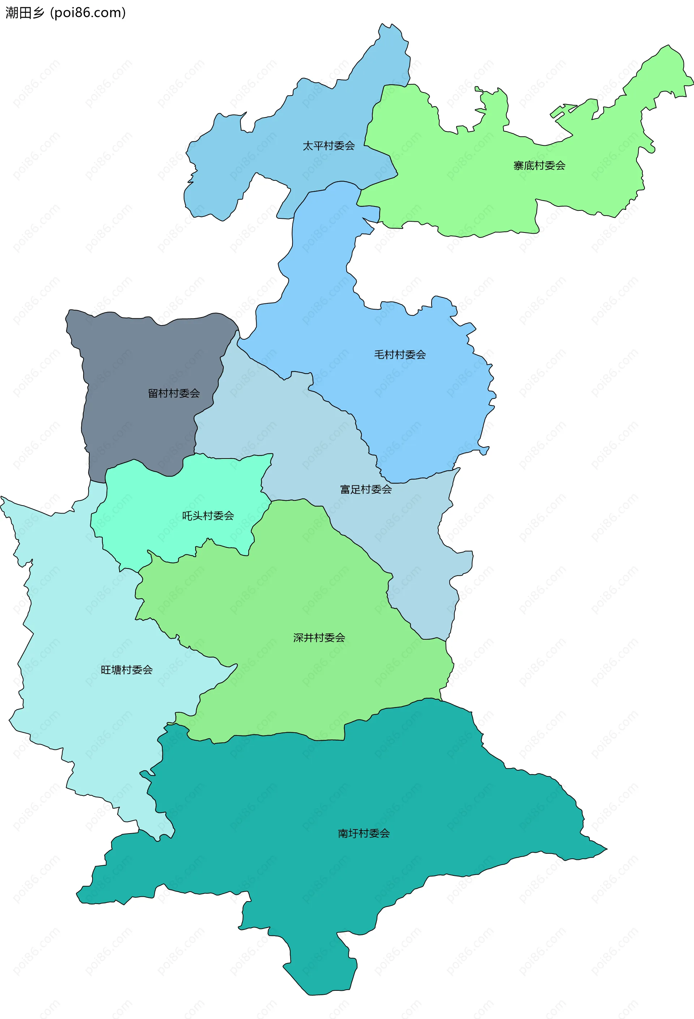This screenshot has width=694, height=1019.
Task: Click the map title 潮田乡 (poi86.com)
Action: pyautogui.click(x=66, y=13)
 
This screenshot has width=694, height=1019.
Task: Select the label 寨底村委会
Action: pyautogui.click(x=539, y=166)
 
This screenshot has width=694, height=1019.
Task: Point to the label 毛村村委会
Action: pyautogui.click(x=400, y=355)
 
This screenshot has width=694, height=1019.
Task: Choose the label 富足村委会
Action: pyautogui.click(x=366, y=489)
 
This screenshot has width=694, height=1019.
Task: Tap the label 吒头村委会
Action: pyautogui.click(x=208, y=516)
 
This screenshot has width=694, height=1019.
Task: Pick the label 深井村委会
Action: pyautogui.click(x=319, y=638)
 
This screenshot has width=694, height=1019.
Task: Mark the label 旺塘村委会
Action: pyautogui.click(x=127, y=670)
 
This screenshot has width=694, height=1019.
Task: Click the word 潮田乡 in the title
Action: pyautogui.click(x=25, y=13)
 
